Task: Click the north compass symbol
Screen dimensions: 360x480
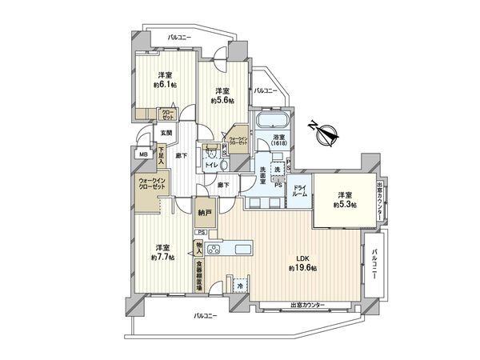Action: point(324,134)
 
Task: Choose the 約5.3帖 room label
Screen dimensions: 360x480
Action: point(344,199)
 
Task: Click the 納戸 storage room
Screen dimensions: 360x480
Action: point(205,214)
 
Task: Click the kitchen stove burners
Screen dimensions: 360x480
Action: point(214,250)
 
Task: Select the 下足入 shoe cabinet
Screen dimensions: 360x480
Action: point(161,154)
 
